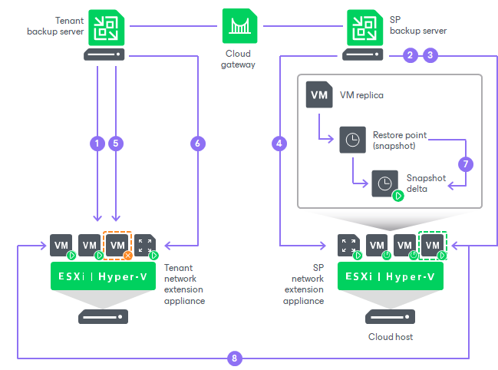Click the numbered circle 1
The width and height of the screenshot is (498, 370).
click(97, 144)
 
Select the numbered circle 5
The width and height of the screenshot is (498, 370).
click(117, 144)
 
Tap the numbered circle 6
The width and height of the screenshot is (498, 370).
click(198, 144)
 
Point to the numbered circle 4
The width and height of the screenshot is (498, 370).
click(279, 144)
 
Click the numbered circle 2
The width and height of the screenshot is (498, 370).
click(411, 55)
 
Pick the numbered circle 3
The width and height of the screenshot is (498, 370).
click(430, 55)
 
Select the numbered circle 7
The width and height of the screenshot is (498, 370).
click(464, 164)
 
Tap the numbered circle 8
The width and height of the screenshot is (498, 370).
click(236, 358)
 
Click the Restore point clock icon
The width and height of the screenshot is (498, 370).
click(351, 140)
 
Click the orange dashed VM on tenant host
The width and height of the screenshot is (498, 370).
click(117, 246)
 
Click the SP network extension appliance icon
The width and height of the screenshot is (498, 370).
click(348, 246)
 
